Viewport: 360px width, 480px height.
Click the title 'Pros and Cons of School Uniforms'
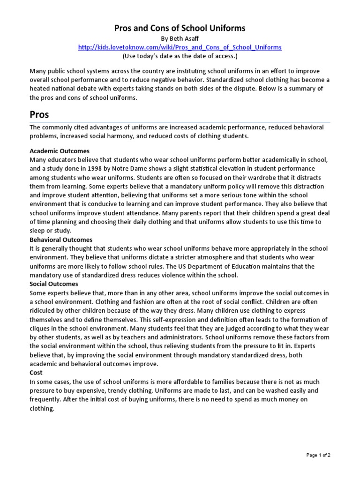[180, 29]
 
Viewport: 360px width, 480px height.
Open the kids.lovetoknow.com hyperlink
[180, 48]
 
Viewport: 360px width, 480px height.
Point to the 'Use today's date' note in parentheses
[180, 56]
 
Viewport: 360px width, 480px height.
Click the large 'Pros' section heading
[39, 114]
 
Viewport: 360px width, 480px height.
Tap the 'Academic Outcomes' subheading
[60, 151]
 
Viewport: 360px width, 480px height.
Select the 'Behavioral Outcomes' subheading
[61, 240]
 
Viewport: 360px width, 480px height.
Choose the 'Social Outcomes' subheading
[54, 284]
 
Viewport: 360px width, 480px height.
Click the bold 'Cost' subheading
[36, 373]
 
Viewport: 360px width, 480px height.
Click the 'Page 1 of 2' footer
[322, 455]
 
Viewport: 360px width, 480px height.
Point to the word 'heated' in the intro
[41, 89]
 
